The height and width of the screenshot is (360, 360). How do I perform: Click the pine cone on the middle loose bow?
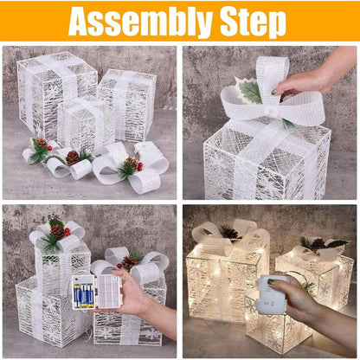click(73, 157)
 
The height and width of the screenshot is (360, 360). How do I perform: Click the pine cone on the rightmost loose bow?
click(130, 163)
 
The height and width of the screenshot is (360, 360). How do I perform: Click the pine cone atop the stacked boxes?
click(57, 230)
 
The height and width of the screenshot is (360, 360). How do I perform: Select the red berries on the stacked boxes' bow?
click(67, 232)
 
